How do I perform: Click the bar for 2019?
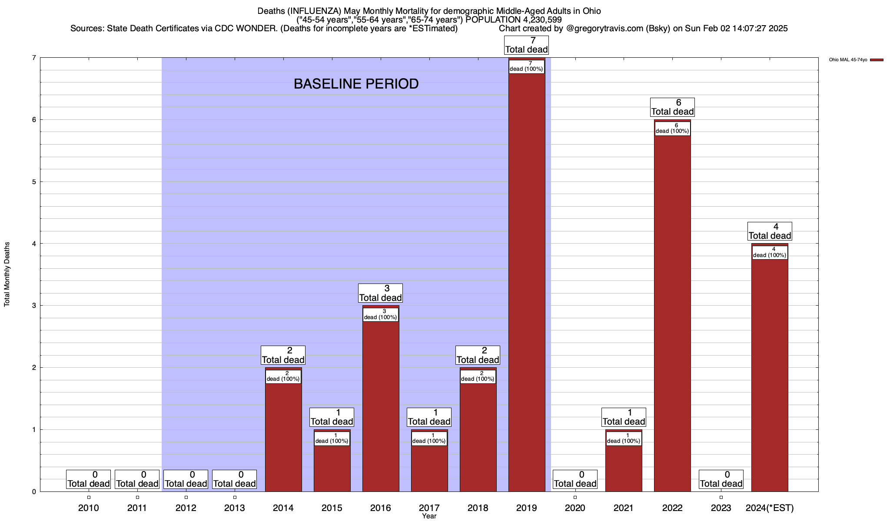pos(527,282)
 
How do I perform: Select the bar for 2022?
pos(672,313)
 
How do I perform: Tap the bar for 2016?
pos(381,404)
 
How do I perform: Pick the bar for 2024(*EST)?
pos(770,373)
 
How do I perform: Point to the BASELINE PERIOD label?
pos(356,84)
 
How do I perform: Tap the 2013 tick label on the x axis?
pos(235,508)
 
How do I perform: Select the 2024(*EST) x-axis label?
pos(770,508)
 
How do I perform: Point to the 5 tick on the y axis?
pos(33,182)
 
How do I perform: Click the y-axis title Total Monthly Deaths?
pos(7,274)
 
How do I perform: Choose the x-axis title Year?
pos(429,516)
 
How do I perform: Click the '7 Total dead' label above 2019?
pos(527,45)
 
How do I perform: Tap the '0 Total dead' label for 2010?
pos(89,479)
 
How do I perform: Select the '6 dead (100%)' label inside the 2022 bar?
pos(672,129)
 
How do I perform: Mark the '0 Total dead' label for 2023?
pos(721,479)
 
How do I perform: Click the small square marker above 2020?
pos(575,498)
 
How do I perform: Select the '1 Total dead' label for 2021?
pos(624,417)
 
